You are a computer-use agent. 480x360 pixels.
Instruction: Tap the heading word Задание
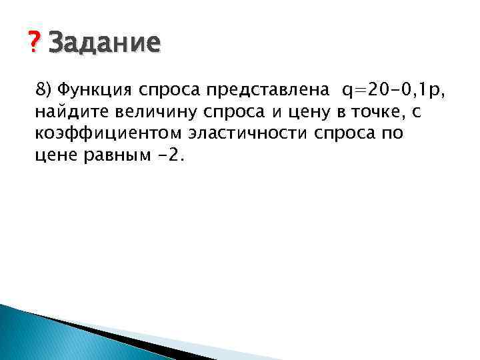tap(104, 44)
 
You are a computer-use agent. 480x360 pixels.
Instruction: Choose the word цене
tap(55, 157)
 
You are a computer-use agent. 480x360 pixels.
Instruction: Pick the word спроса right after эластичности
tap(337, 134)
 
